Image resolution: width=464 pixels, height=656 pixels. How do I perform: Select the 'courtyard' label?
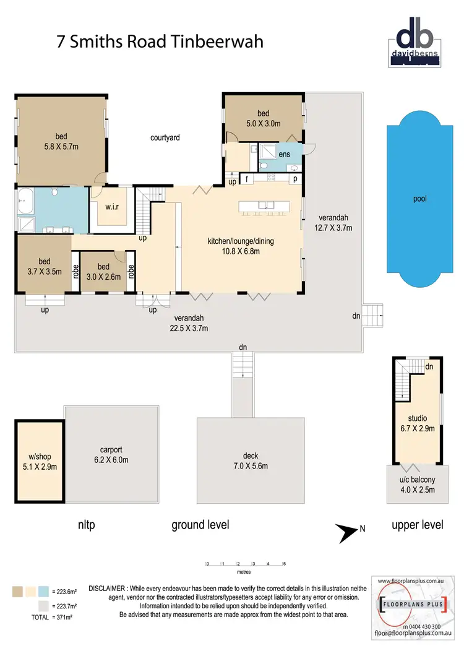pos(165,137)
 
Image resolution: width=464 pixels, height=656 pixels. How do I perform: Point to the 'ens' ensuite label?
pos(284,154)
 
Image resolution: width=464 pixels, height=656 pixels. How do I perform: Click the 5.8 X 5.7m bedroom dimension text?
pos(61,147)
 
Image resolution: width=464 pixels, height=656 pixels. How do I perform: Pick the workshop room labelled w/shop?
pos(39,462)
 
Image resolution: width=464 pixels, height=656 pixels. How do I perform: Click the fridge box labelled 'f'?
pos(247,179)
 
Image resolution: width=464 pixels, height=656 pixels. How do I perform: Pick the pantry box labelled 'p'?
pos(295,179)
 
